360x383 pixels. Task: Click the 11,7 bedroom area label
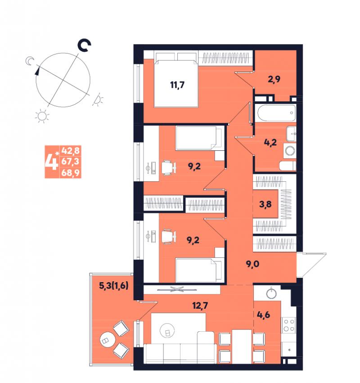point(177,85)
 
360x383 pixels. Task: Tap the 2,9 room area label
point(274,79)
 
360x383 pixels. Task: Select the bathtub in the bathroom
point(276,113)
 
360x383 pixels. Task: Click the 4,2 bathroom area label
point(270,142)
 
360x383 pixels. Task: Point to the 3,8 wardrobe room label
point(265,204)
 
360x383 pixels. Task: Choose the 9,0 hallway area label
point(252,264)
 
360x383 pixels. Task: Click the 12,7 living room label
point(200,306)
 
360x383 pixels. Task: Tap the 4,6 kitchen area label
point(264,315)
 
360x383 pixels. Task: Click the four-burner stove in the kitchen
point(289,325)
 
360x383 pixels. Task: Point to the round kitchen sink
point(271,293)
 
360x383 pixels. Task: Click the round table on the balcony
point(107,340)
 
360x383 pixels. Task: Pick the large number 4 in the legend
point(52,162)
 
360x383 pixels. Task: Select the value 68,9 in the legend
point(71,173)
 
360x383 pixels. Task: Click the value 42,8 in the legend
point(71,151)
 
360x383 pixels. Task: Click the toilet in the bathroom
point(287,166)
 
